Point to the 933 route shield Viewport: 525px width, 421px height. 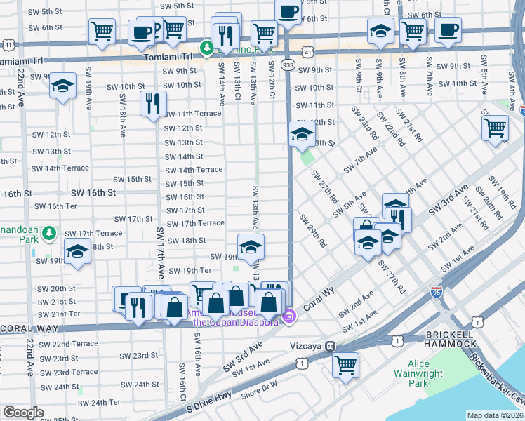[288, 64]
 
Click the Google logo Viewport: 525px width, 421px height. [23, 413]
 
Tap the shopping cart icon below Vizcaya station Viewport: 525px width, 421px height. [345, 364]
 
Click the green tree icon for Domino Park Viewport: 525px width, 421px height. [207, 48]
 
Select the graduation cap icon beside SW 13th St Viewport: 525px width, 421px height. [301, 133]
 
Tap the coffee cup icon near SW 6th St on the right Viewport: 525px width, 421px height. [448, 29]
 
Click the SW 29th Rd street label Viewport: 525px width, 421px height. [313, 231]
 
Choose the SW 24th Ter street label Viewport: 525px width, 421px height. [99, 402]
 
